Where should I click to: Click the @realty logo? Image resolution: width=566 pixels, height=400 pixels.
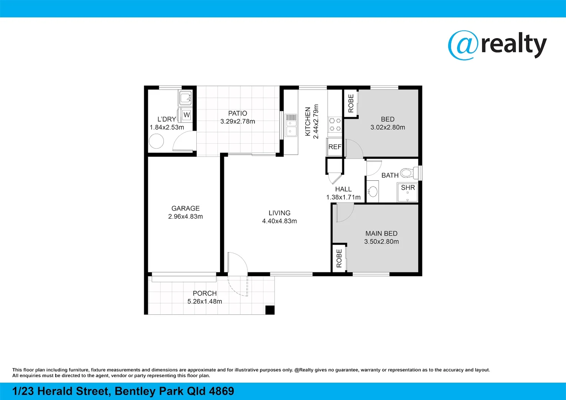tap(497, 45)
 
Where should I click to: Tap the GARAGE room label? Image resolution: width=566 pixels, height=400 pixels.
tap(185, 209)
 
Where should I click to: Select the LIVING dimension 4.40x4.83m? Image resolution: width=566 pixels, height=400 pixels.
tap(279, 221)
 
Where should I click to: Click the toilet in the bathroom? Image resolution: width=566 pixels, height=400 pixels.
tap(408, 173)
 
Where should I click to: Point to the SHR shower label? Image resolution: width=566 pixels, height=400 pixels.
tap(408, 188)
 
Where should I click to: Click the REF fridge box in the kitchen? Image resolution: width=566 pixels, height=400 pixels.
tap(335, 147)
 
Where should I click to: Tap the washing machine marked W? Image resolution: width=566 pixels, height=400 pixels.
tap(186, 115)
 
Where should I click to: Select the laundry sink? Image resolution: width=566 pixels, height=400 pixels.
tap(185, 98)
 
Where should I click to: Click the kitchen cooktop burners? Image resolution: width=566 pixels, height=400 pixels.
tap(335, 124)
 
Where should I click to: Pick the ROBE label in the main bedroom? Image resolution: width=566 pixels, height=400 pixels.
tap(339, 258)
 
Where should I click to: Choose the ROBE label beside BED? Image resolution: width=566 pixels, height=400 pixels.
tap(351, 103)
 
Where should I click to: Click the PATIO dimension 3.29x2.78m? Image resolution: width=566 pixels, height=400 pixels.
tap(237, 121)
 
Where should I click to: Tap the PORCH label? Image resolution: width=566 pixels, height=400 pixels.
tap(204, 293)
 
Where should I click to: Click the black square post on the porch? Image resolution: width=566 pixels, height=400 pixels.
tap(270, 310)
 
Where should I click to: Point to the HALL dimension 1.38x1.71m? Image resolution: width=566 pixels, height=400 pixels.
tap(343, 197)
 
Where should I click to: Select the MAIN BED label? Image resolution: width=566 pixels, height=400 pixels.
tap(381, 234)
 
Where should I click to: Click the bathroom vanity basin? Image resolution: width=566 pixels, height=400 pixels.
tap(373, 191)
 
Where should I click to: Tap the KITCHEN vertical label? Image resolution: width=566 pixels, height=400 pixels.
tap(308, 121)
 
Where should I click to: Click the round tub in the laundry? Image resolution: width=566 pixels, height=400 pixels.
tap(156, 141)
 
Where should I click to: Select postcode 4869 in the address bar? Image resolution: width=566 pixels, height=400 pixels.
tap(222, 391)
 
